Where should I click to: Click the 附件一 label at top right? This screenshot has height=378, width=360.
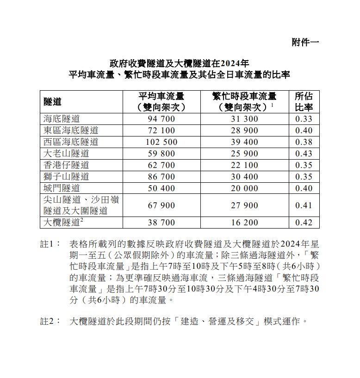click(x=305, y=42)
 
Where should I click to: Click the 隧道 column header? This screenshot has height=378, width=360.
click(x=53, y=101)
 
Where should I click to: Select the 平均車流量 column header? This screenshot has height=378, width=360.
click(x=161, y=101)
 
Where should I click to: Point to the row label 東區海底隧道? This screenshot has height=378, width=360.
click(x=71, y=130)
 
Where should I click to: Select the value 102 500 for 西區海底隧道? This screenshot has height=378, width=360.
click(x=161, y=142)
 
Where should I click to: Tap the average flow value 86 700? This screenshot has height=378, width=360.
click(x=161, y=176)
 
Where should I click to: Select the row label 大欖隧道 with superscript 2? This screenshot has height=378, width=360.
click(x=63, y=222)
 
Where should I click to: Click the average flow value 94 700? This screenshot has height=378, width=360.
click(x=161, y=118)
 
